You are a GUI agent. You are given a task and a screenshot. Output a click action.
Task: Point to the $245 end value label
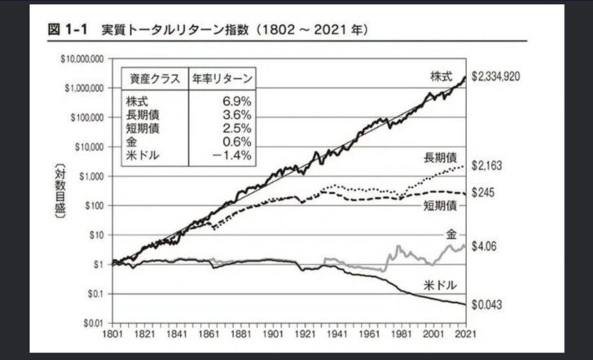point(485,193)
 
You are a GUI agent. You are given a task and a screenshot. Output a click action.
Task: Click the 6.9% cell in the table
point(239,102)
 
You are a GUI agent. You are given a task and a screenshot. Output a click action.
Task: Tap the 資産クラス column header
point(154,79)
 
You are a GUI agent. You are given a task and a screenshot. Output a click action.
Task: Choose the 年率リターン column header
point(222,79)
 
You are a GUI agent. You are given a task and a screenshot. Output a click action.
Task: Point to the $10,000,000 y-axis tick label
point(80,60)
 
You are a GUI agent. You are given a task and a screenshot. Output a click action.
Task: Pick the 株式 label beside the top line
point(441,76)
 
